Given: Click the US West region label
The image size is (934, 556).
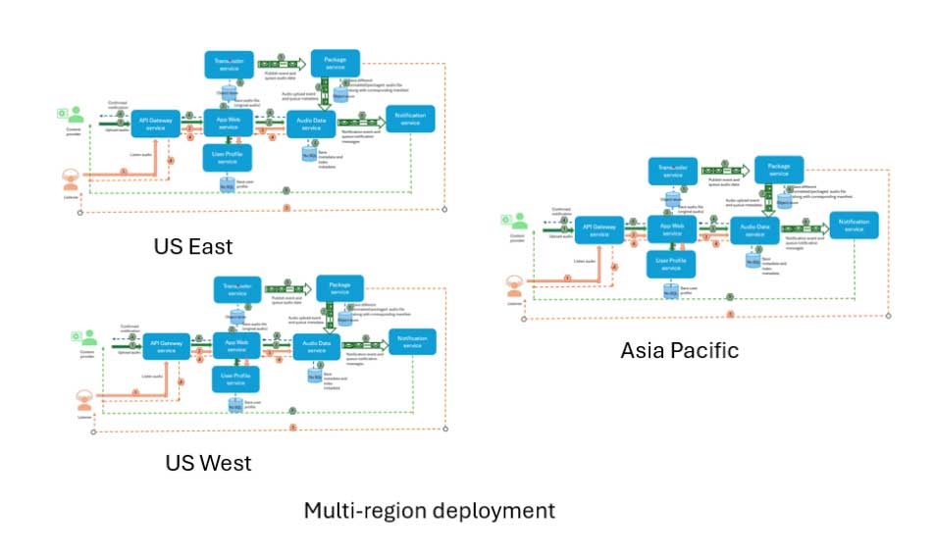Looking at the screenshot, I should [x=208, y=463].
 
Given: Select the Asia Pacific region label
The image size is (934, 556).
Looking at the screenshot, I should [x=679, y=350].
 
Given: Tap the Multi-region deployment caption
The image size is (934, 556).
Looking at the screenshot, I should [x=429, y=511].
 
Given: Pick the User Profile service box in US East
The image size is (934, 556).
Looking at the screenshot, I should [x=228, y=156].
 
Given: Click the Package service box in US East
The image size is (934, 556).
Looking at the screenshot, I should [x=335, y=63].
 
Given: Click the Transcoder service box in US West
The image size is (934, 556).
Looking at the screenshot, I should [x=237, y=289].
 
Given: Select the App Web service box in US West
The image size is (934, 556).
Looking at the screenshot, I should [x=235, y=344].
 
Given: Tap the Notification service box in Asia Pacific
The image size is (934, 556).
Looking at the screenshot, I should [x=854, y=226].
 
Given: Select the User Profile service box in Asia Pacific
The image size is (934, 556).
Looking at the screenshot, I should [x=671, y=263].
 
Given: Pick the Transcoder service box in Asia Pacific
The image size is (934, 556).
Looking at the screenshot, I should [x=674, y=172].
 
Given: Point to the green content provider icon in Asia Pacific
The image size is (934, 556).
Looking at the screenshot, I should [x=516, y=223].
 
